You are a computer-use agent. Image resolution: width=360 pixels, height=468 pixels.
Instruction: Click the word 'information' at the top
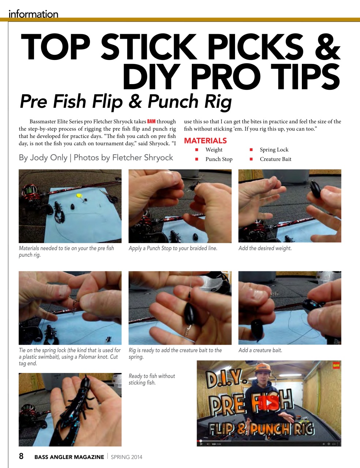point(33,14)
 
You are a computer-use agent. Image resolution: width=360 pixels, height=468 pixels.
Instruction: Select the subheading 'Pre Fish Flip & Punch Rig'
point(125,102)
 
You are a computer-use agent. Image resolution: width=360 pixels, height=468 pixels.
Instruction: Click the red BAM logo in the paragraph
point(151,121)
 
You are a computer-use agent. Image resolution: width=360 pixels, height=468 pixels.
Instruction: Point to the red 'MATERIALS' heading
point(205,141)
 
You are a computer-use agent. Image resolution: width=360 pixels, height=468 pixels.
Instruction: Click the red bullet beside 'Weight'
point(197,150)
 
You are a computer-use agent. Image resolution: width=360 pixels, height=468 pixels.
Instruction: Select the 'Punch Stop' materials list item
point(219,159)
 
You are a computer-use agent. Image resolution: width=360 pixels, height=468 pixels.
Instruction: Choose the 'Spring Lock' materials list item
point(274,150)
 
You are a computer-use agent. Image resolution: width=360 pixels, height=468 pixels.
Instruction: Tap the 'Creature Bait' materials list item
point(275,159)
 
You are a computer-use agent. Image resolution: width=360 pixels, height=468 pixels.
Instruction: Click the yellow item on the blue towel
point(78,196)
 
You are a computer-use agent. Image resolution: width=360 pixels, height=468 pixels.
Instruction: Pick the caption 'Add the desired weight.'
point(265,248)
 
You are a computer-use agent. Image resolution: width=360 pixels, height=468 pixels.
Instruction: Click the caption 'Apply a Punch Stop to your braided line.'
point(173,248)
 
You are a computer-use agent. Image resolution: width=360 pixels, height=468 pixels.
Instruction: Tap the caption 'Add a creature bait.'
point(260,350)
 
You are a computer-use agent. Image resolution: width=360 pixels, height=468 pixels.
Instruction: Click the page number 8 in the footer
point(21,456)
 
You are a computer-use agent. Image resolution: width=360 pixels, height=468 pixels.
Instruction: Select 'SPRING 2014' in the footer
point(126,457)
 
